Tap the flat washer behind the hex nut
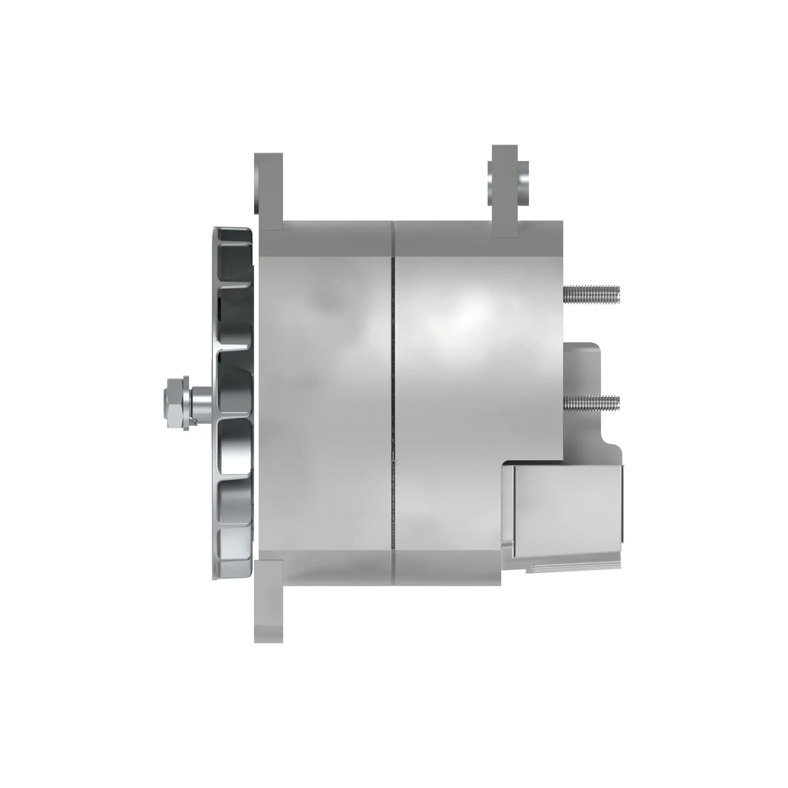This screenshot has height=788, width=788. coord(186,403)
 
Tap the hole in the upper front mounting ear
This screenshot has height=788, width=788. coord(256,188)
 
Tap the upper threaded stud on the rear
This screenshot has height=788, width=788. coord(591,294)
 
